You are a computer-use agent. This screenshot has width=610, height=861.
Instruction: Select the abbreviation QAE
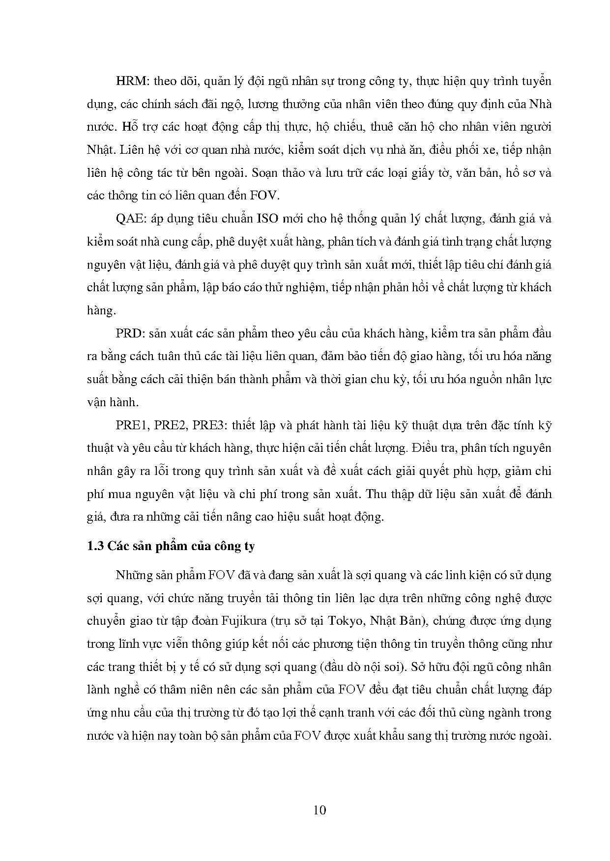(129, 219)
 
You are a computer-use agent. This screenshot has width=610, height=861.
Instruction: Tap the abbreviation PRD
(129, 333)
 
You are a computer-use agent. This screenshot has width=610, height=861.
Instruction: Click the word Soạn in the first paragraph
(266, 173)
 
